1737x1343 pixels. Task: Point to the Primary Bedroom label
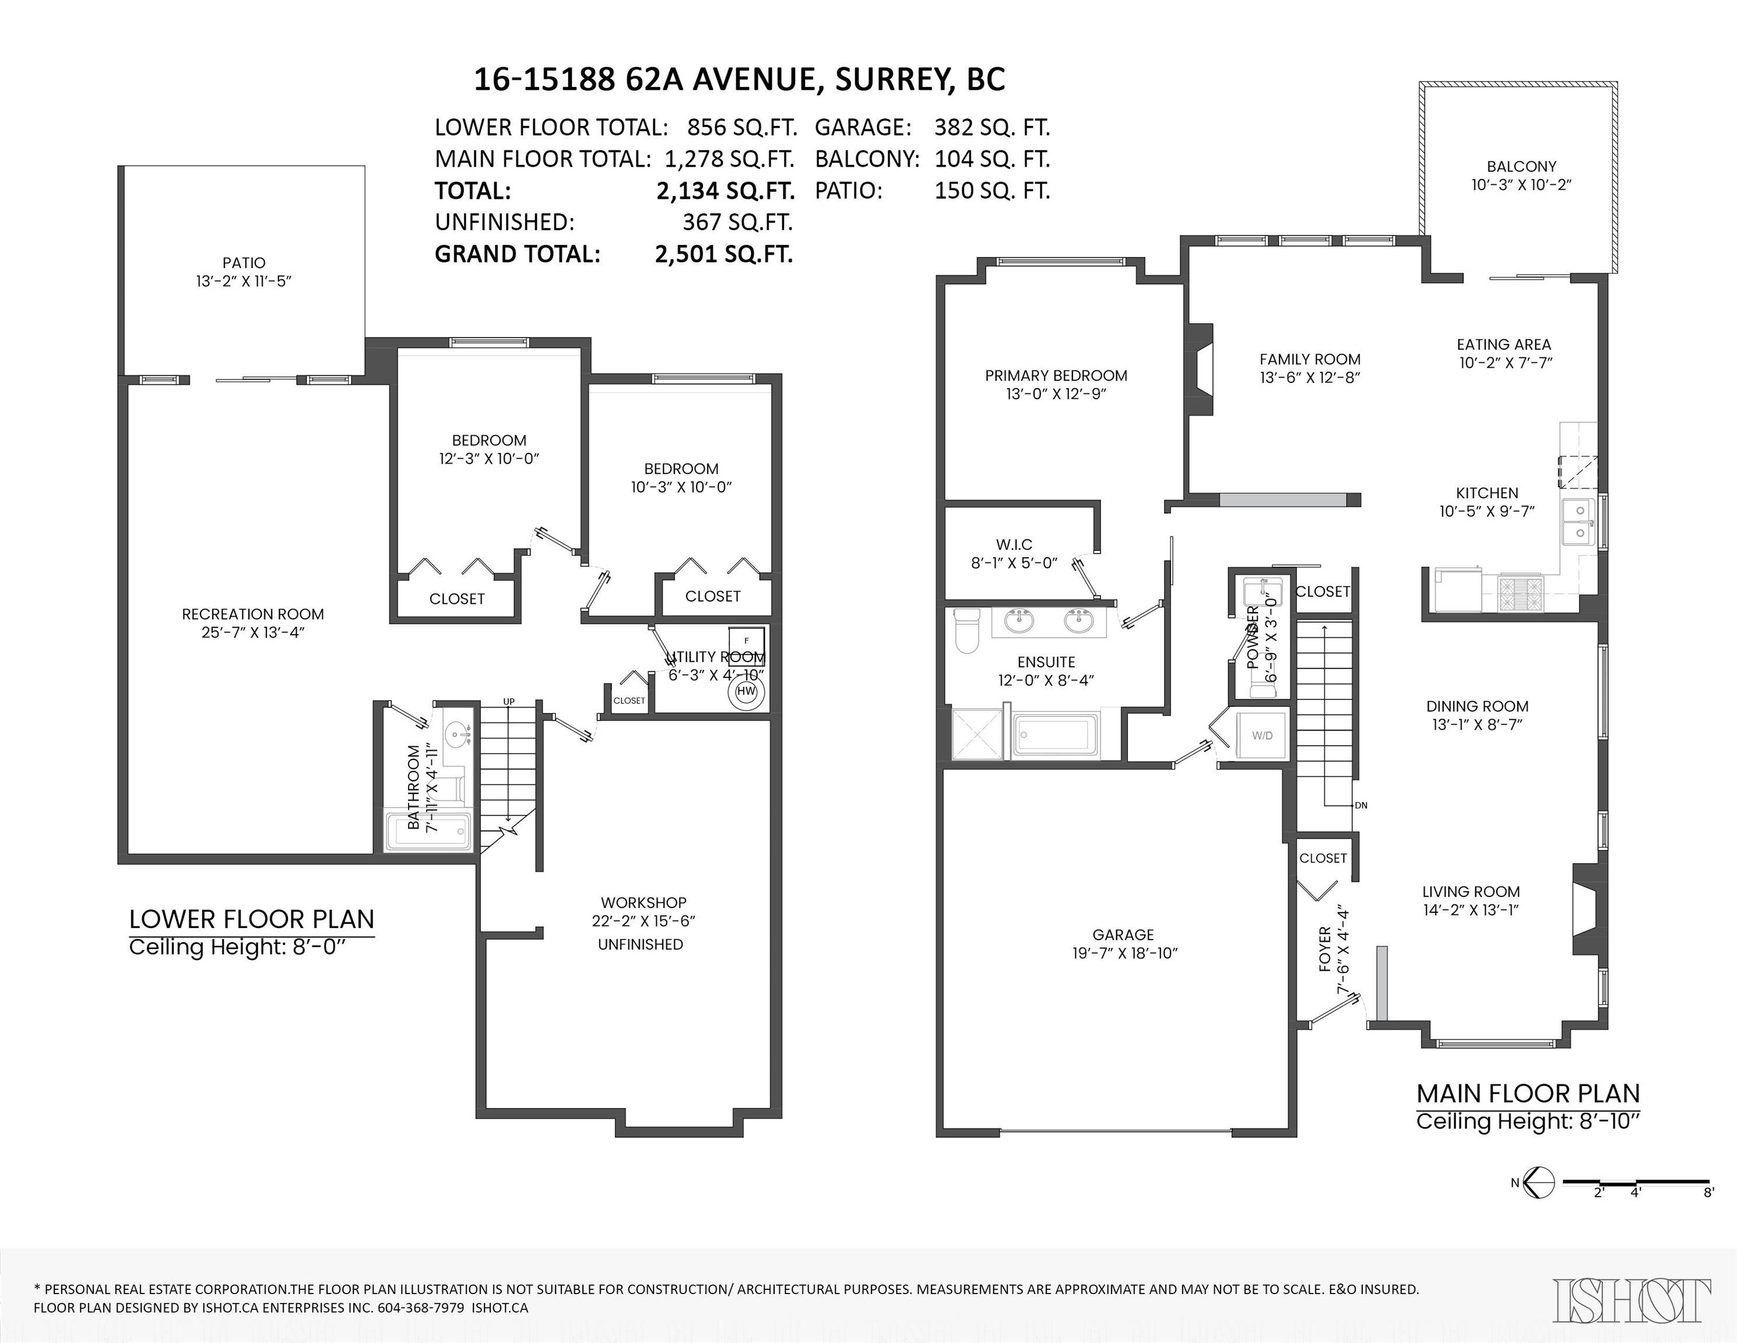tap(1056, 375)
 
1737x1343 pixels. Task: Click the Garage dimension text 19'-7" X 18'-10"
tap(1124, 954)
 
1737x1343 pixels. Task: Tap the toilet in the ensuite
tap(966, 630)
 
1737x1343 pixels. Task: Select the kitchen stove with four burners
tap(1520, 592)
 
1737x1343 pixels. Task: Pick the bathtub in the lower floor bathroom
tap(428, 832)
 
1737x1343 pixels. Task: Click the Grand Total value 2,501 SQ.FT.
tap(724, 255)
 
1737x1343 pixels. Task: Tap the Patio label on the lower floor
tap(244, 262)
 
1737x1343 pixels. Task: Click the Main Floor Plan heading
tap(1528, 1094)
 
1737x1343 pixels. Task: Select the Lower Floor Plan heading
tap(251, 919)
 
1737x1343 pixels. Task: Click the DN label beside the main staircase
tap(1361, 806)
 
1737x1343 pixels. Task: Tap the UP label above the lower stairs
tap(509, 701)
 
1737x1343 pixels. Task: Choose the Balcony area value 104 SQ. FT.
tap(991, 159)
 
